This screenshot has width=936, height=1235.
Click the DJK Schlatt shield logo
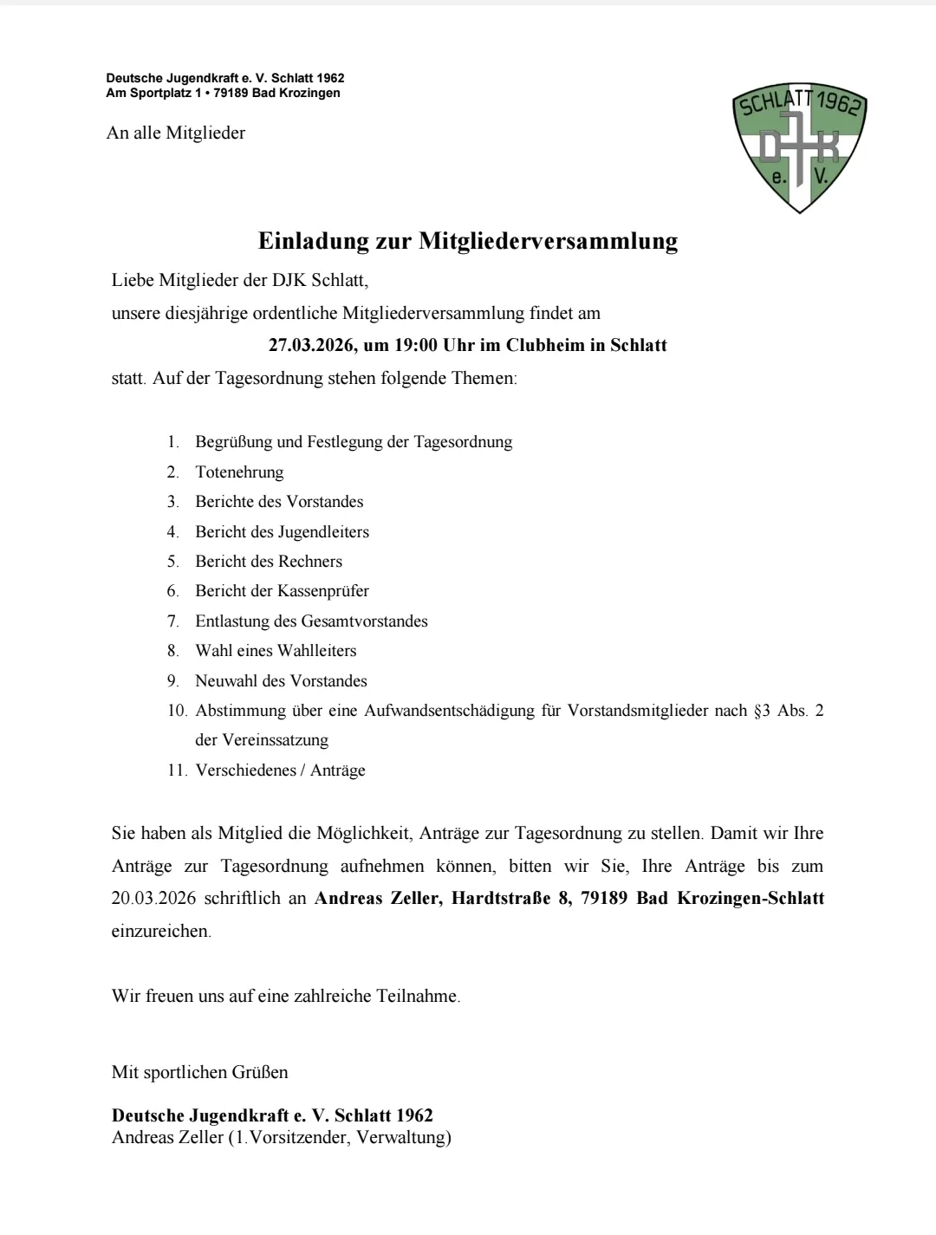799,149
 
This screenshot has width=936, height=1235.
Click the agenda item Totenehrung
239,472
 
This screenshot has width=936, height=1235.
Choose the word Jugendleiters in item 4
323,532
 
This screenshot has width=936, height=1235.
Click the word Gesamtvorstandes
364,621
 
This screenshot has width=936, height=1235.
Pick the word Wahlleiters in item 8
316,651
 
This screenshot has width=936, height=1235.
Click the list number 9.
172,681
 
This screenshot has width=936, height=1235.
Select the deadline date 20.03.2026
153,899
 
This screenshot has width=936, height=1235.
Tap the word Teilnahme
418,997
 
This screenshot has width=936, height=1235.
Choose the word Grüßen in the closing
259,1072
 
